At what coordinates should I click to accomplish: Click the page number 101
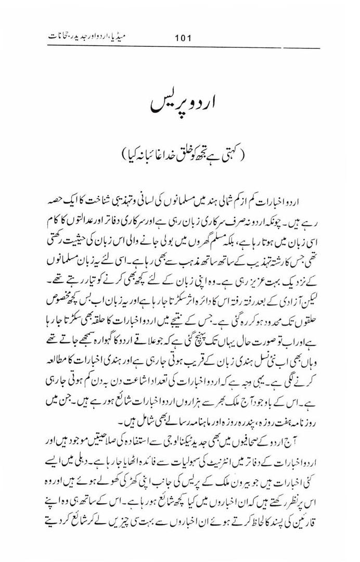pos(184,37)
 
